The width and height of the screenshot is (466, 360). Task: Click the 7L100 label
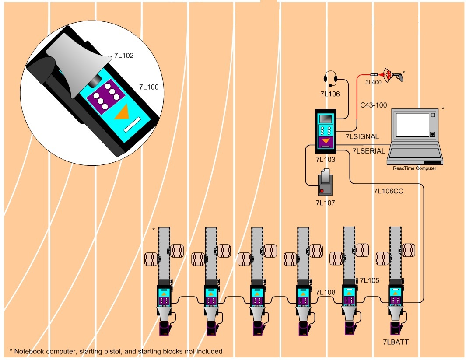point(148,87)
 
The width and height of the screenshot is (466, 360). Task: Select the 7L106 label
point(329,93)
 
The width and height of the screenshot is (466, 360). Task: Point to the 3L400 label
point(374,82)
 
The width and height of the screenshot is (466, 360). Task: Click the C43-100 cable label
point(373,105)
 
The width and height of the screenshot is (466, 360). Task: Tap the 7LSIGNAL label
point(362,136)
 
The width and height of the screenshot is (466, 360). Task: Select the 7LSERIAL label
point(368,151)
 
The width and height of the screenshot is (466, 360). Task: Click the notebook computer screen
point(413,125)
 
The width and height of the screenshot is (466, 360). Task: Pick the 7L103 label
point(325,160)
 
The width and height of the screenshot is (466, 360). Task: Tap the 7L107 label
point(325,203)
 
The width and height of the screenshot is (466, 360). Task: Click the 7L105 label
point(369,280)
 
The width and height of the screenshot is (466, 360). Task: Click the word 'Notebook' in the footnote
point(28,351)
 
